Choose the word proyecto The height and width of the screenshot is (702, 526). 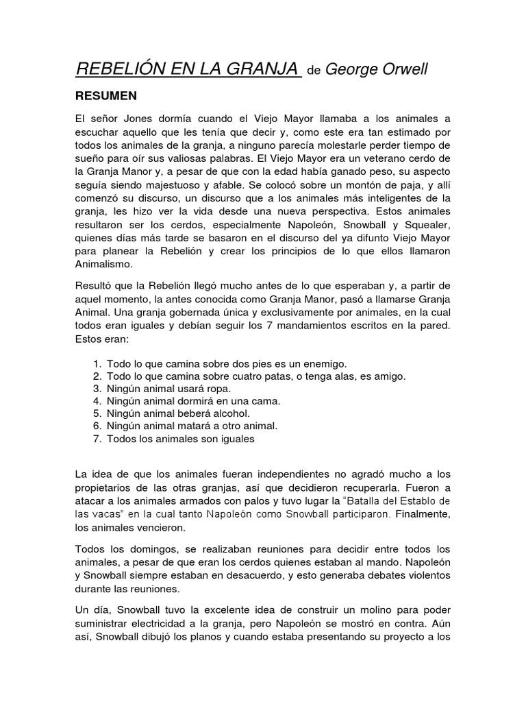click(x=401, y=637)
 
